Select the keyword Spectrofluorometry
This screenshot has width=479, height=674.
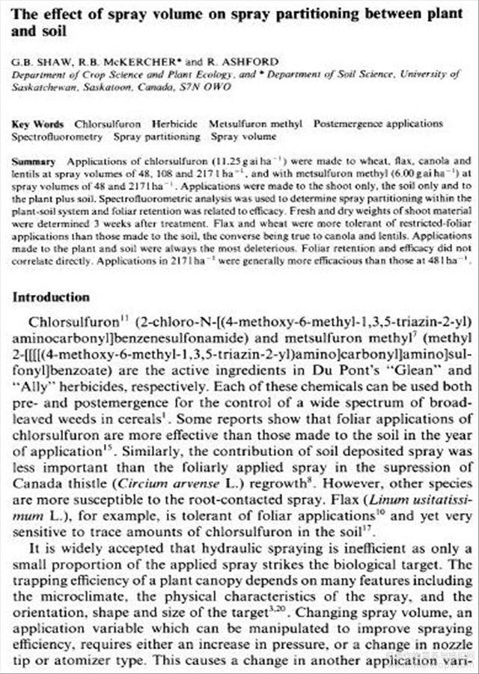58,136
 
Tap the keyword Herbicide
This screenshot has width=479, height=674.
175,124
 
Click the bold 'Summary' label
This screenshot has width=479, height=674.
34,161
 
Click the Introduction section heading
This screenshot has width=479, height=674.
51,298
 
